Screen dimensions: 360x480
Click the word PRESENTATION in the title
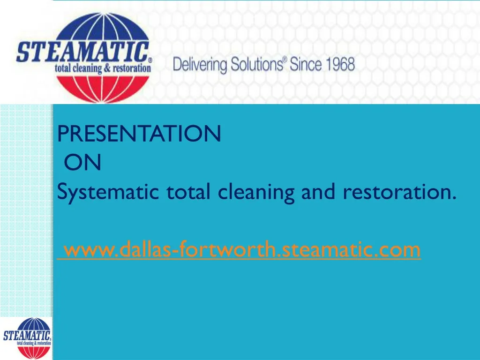coord(139,135)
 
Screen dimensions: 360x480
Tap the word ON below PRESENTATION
coord(82,163)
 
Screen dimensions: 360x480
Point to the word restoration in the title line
coord(399,192)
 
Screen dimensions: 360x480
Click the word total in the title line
coord(188,192)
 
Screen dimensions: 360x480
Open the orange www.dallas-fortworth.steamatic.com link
coord(242,250)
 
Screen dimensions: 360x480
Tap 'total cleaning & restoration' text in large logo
coord(103,68)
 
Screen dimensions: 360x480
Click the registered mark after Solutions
coord(285,60)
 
